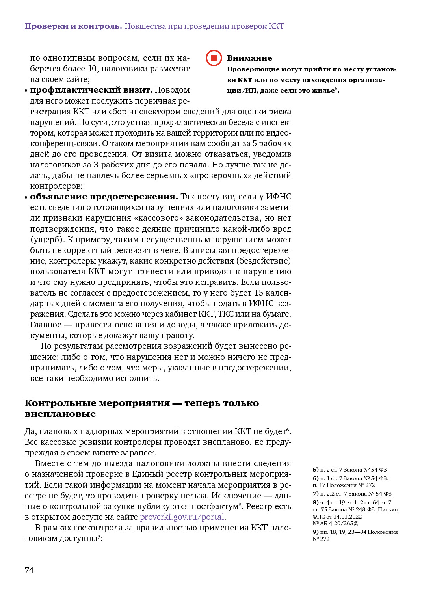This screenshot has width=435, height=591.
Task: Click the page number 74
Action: click(29, 570)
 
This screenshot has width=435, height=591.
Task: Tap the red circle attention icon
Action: click(214, 58)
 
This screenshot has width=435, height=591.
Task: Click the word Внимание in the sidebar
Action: click(249, 58)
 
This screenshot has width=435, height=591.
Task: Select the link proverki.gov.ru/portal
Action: click(182, 517)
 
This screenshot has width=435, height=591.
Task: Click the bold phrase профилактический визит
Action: click(91, 90)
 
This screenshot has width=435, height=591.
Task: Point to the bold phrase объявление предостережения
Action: click(104, 197)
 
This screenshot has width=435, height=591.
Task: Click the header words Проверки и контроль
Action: click(73, 26)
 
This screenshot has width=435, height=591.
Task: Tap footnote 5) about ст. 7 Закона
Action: click(349, 470)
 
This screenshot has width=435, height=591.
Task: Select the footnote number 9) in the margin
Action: click(316, 532)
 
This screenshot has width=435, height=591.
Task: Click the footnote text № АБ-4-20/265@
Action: click(335, 523)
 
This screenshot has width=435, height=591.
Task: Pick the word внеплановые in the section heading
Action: click(60, 414)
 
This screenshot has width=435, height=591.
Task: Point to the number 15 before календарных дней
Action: click(258, 293)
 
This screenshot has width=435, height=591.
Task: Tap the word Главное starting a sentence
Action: click(46, 325)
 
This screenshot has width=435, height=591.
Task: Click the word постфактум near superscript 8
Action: click(218, 506)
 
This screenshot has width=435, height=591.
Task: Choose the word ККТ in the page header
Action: click(276, 26)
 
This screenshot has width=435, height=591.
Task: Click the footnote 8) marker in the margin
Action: click(316, 502)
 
